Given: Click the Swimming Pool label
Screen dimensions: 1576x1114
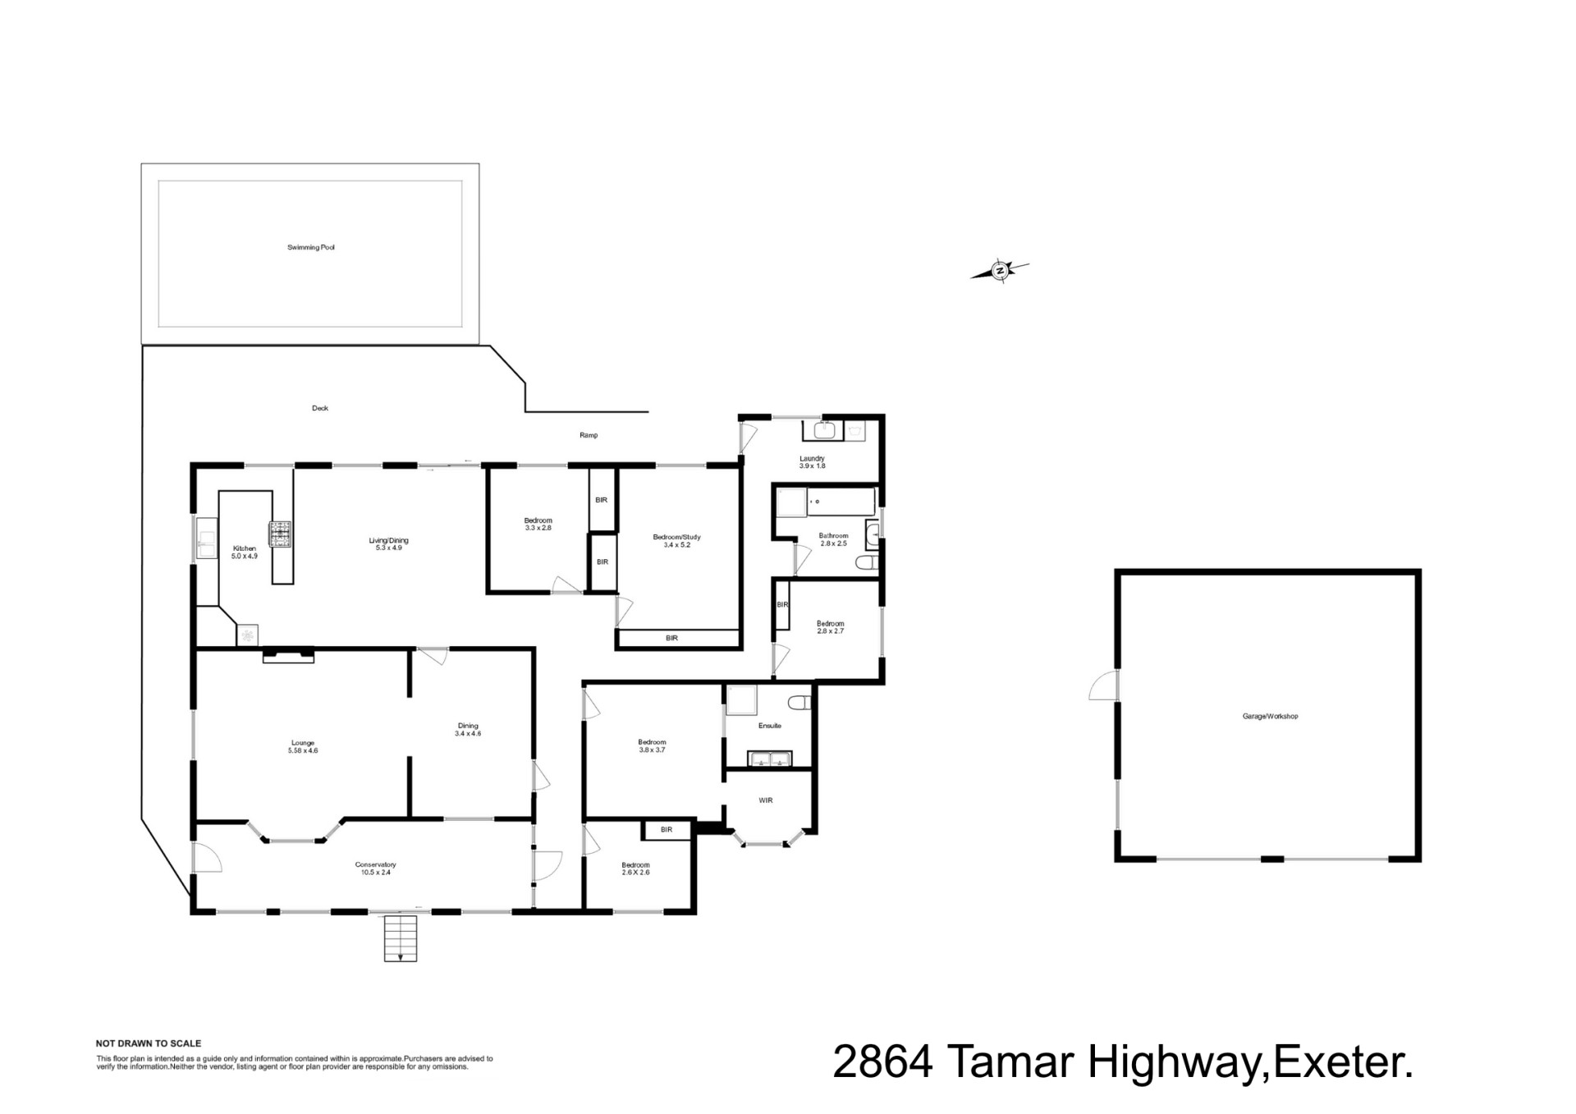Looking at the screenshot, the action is (311, 247).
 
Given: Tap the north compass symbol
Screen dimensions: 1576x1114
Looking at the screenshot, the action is (1000, 270).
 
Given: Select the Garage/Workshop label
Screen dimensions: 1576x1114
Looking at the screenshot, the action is (1270, 717).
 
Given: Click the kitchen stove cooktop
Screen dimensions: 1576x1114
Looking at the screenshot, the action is (282, 534).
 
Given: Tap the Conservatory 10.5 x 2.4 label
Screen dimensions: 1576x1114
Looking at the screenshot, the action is (375, 869).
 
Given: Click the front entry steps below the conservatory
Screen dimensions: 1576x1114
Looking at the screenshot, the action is (401, 938).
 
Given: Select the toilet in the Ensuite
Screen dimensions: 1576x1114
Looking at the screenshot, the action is (798, 703).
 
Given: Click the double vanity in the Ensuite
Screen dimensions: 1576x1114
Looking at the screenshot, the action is (769, 759).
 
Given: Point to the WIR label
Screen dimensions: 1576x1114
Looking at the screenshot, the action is (766, 800).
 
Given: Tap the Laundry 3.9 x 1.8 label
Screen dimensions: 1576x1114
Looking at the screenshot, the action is (812, 462).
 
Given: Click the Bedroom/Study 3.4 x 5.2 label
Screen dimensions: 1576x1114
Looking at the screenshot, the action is (676, 541).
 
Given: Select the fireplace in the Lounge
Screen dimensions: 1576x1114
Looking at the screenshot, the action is (288, 655).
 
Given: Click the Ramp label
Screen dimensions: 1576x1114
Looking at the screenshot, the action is (589, 435).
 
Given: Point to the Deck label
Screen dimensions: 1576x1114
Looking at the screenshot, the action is (320, 408).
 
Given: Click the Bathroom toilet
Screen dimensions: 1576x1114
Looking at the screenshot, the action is (866, 562).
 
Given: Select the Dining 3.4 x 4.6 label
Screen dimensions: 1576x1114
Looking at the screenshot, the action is (468, 730).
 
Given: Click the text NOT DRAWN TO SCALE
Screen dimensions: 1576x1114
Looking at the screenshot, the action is (149, 1044).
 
